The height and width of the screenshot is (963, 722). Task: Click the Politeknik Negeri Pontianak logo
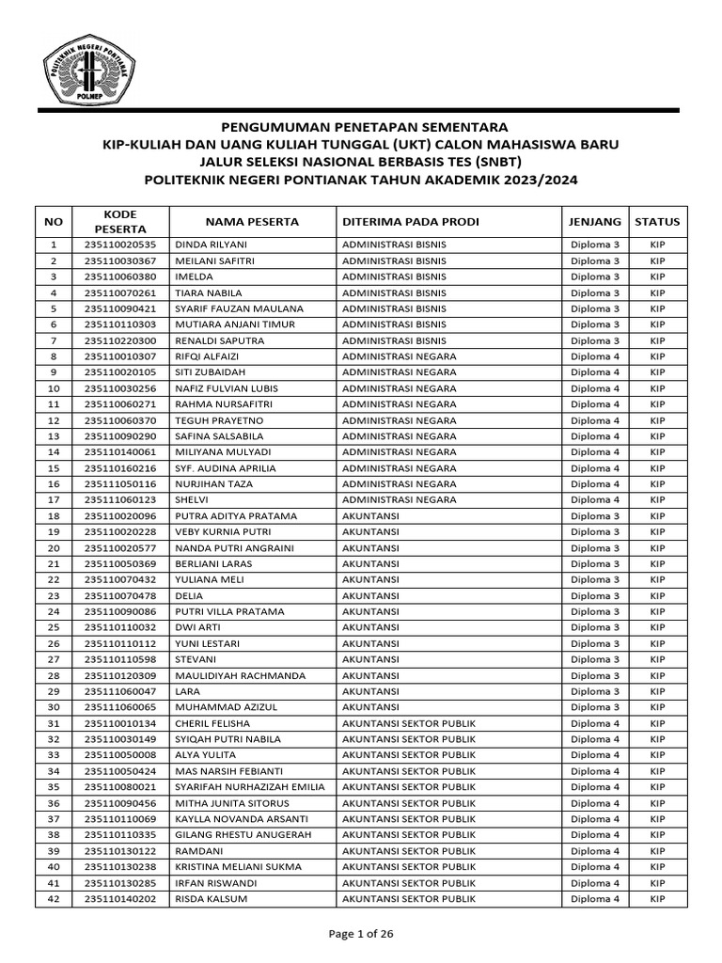tap(86, 69)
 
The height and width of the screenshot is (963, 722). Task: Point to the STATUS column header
tap(657, 222)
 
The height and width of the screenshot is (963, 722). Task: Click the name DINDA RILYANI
tap(206, 245)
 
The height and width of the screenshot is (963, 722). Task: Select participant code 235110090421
tap(120, 308)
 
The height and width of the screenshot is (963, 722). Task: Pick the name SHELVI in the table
tap(192, 500)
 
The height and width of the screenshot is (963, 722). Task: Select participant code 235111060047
tap(120, 691)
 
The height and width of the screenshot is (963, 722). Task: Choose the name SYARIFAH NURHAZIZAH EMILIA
tap(250, 787)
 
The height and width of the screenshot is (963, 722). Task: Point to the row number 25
tap(53, 627)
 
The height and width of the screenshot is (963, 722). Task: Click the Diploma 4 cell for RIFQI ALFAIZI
tap(595, 356)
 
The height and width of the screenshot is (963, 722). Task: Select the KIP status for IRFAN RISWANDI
tap(657, 883)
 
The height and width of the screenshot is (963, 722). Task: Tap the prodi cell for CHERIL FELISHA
tap(409, 723)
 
